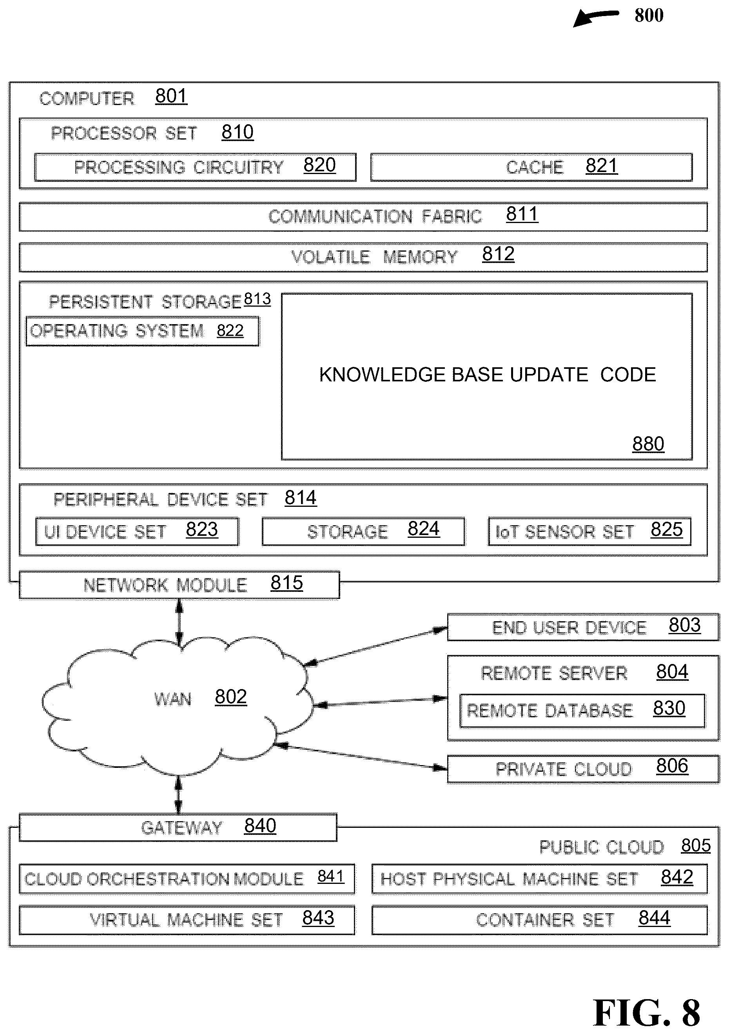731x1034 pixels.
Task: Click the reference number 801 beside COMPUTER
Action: [x=171, y=96]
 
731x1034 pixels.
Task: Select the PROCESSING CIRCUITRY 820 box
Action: [x=195, y=167]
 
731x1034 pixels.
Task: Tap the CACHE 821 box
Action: [x=531, y=167]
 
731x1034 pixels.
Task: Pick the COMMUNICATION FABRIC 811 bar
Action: [x=363, y=217]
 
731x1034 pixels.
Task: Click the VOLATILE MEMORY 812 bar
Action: [x=363, y=257]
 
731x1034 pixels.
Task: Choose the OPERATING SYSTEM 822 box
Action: [x=142, y=331]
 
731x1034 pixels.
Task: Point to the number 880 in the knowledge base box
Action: [x=648, y=444]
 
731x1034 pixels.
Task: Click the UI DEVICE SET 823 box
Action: [x=137, y=532]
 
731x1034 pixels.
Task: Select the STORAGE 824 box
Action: [x=363, y=532]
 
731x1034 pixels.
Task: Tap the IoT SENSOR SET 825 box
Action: [x=590, y=532]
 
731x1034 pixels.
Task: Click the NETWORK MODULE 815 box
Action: [x=179, y=585]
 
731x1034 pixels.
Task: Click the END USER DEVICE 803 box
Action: [x=583, y=627]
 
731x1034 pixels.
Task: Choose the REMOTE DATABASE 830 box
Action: [x=582, y=711]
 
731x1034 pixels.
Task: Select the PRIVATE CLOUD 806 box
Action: [x=583, y=769]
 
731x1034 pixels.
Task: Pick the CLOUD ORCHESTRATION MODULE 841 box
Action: [x=187, y=879]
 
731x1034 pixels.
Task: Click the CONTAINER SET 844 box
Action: [x=540, y=920]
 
